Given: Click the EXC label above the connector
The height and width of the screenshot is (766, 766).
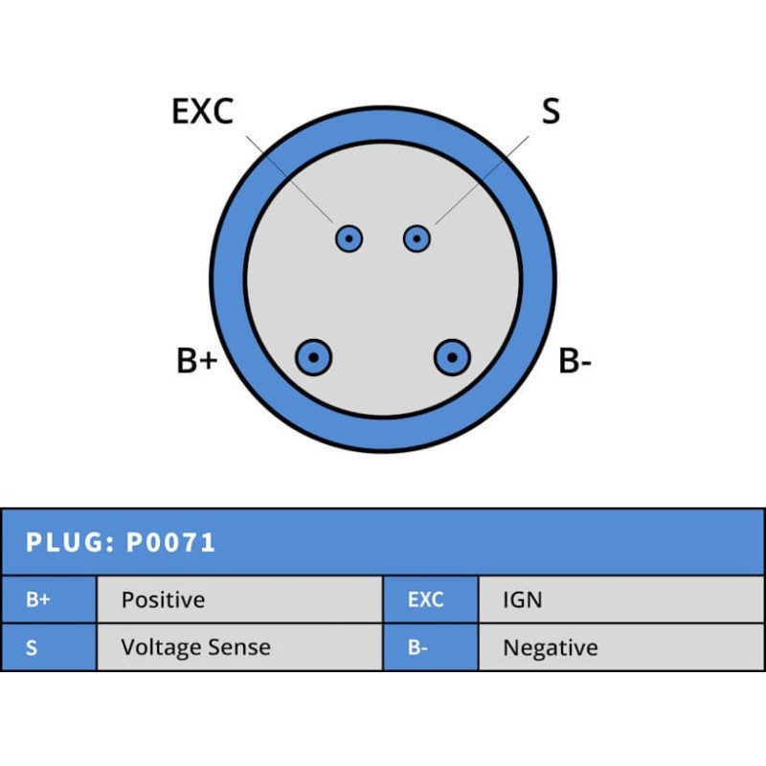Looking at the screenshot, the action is (203, 111).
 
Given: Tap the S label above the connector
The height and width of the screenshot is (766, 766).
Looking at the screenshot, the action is (551, 111).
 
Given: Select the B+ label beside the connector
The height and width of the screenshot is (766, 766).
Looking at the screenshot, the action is (197, 361).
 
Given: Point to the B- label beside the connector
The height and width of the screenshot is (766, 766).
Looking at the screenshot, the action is (575, 361).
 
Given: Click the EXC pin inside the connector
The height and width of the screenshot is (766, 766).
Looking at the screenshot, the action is (349, 238).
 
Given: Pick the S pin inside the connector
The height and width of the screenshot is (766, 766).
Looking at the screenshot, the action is (417, 238).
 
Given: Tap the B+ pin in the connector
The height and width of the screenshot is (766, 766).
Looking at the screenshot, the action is (314, 357).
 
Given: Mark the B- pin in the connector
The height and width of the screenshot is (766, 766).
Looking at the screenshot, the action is (452, 357).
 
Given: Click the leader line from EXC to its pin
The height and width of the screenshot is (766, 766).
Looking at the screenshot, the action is (289, 179).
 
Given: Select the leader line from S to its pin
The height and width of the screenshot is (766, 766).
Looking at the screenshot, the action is (482, 180).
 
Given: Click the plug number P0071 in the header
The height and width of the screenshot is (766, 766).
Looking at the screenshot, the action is (170, 542).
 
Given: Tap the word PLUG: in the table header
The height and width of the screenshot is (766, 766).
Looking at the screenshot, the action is (70, 542).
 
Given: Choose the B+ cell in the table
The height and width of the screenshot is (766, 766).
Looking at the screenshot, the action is (49, 599).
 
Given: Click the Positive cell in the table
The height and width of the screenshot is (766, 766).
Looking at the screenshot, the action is (239, 599).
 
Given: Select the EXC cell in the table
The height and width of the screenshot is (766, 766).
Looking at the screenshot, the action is (431, 599).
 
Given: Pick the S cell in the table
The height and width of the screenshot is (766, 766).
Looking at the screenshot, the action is (49, 647).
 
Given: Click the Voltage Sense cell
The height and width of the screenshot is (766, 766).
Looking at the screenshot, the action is (239, 647).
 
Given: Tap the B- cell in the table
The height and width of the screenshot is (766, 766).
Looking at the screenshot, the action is (431, 647).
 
